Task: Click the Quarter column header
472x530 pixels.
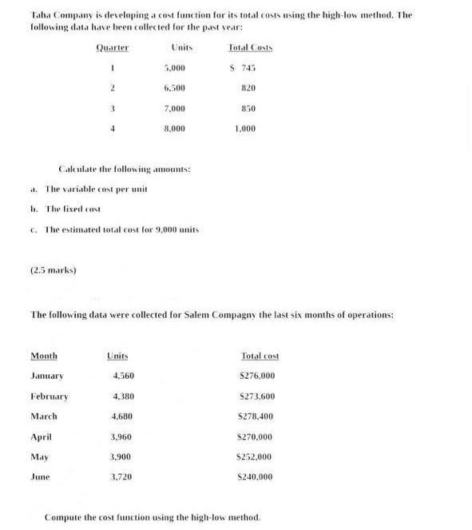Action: coord(113,47)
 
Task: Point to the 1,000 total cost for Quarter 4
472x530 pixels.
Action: coord(246,128)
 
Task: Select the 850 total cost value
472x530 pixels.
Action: coord(248,108)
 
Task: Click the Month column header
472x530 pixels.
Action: coord(44,356)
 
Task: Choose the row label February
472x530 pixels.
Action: coord(50,396)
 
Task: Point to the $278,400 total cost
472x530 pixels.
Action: coord(256,416)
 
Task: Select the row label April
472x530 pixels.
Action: coord(41,436)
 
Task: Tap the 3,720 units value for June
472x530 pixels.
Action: coord(122,476)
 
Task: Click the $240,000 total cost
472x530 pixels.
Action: coord(256,476)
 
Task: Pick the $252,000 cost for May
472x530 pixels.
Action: coord(256,456)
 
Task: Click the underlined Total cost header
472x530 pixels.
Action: coord(260,356)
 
